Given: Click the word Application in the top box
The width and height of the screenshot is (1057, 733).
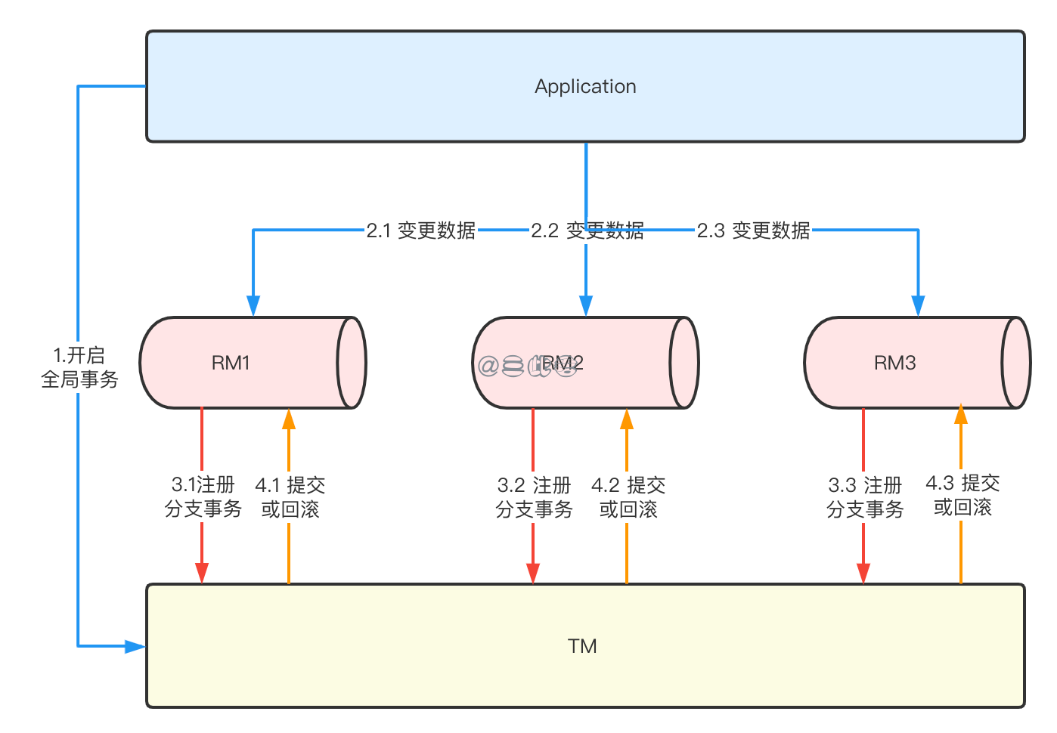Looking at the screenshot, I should point(585,86).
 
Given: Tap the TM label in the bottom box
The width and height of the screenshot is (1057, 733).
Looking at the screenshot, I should point(582,646).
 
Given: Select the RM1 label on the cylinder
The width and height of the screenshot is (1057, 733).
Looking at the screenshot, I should point(231,363).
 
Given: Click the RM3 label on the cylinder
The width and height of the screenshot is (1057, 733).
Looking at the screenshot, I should point(894,363).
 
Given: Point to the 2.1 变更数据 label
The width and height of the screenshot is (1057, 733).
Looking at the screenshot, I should point(420,230).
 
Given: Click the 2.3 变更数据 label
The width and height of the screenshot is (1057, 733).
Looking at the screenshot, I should point(753,230).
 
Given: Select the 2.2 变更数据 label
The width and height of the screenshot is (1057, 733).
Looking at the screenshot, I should point(587,230).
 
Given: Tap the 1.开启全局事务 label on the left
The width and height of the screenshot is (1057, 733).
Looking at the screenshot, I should point(79,367).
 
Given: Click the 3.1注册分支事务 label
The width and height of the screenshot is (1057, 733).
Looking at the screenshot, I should point(203,496).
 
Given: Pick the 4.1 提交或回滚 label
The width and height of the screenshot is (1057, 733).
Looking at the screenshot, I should point(290,496).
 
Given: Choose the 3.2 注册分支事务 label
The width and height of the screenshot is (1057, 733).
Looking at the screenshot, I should point(534,496).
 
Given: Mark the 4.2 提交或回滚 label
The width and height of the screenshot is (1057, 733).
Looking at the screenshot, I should point(628,496).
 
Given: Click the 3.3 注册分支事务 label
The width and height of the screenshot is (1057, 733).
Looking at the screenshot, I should point(864,496).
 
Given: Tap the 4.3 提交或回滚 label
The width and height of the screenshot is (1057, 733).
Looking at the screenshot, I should point(962,495).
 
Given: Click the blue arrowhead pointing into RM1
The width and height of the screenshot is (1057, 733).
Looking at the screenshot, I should point(253,305).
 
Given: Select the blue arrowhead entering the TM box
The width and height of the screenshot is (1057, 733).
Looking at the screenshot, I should point(135,646).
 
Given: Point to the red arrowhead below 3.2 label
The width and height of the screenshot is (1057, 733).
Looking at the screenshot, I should point(533,573).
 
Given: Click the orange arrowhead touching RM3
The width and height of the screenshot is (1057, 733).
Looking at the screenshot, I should point(961,415).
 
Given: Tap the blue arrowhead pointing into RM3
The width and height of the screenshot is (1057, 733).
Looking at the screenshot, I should point(918,305).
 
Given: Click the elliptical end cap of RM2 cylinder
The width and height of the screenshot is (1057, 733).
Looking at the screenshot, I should point(683,363).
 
